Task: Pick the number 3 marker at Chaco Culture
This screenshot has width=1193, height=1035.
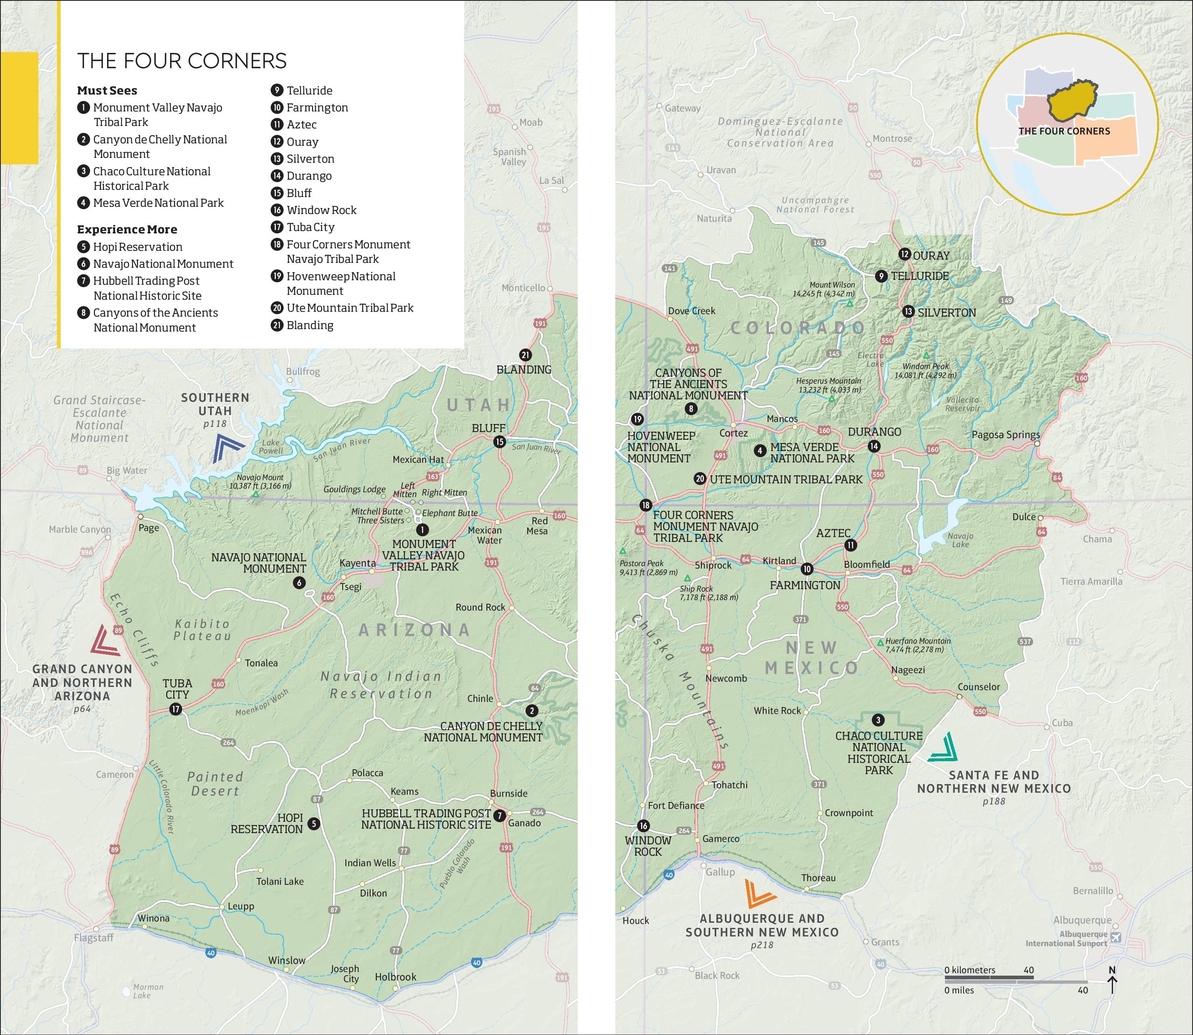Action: pyautogui.click(x=878, y=720)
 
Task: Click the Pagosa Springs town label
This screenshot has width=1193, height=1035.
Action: pyautogui.click(x=1005, y=435)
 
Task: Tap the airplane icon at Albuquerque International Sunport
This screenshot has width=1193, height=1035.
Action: pyautogui.click(x=1115, y=938)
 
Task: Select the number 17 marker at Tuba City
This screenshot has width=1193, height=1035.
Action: pyautogui.click(x=176, y=709)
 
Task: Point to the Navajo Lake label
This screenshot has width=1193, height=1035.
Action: pyautogui.click(x=960, y=540)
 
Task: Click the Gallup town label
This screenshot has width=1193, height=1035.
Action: pyautogui.click(x=720, y=872)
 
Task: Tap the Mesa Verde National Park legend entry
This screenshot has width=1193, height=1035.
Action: pyautogui.click(x=158, y=203)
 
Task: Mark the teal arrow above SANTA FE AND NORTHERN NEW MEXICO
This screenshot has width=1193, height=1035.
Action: pyautogui.click(x=942, y=747)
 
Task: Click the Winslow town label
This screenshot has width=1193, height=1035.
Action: pyautogui.click(x=286, y=960)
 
